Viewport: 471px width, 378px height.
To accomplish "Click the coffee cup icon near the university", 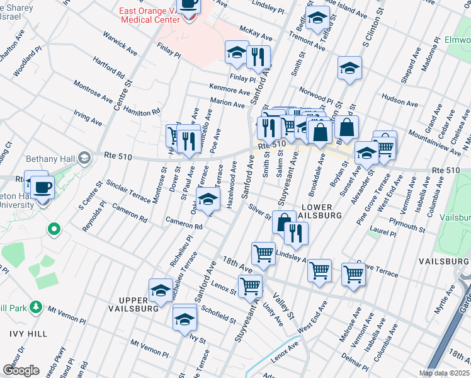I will tap(43, 187).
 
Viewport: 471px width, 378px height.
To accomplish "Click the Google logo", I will tap(21, 370).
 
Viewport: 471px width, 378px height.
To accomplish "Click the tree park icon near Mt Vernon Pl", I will tap(37, 307).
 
